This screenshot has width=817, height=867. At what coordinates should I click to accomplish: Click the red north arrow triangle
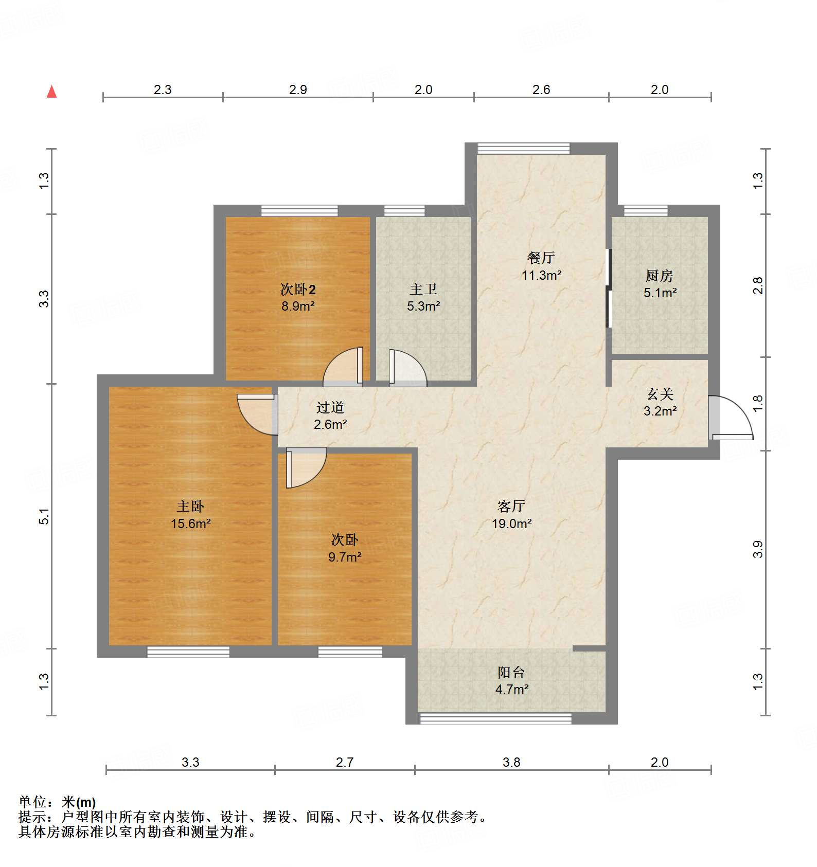pyautogui.click(x=51, y=92)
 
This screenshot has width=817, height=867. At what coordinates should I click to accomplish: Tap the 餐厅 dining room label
pyautogui.click(x=541, y=258)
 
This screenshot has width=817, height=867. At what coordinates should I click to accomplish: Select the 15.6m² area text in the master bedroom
pyautogui.click(x=191, y=523)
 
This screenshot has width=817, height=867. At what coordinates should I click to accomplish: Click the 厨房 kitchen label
pyautogui.click(x=659, y=276)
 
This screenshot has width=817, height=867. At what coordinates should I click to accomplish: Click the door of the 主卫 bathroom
pyautogui.click(x=406, y=368)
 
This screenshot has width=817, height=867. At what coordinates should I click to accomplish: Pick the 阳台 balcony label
pyautogui.click(x=511, y=672)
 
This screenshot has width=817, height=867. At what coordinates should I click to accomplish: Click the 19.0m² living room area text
pyautogui.click(x=511, y=523)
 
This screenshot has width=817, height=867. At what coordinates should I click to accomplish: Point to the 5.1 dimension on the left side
pyautogui.click(x=45, y=516)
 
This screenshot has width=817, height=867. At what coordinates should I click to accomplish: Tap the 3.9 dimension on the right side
pyautogui.click(x=758, y=549)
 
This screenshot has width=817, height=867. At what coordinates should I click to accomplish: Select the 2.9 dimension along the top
pyautogui.click(x=298, y=89)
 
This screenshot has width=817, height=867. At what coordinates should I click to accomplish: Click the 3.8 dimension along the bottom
pyautogui.click(x=511, y=762)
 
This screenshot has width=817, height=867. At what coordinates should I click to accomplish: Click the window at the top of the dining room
pyautogui.click(x=523, y=148)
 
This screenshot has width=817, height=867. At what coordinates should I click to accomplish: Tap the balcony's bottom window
pyautogui.click(x=495, y=718)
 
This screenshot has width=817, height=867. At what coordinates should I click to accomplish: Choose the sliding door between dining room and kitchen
pyautogui.click(x=609, y=288)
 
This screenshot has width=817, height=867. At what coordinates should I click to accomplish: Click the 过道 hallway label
pyautogui.click(x=330, y=408)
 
